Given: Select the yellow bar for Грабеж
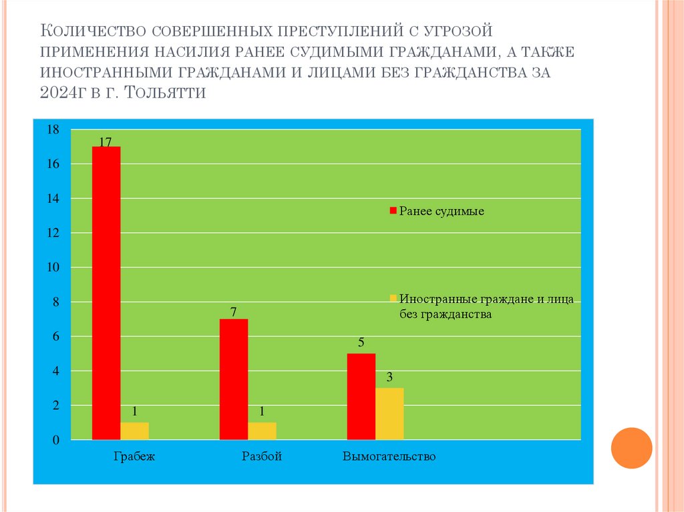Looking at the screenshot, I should click(x=134, y=431).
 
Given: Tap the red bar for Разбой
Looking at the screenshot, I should click(x=234, y=379).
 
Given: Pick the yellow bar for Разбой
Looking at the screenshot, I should click(x=262, y=431).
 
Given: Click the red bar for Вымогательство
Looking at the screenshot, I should click(x=361, y=397).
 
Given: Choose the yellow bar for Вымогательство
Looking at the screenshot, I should click(x=389, y=413).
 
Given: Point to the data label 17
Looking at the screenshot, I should click(x=106, y=142).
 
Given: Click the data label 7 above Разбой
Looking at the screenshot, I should click(x=234, y=312).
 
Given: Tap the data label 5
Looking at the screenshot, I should click(x=361, y=344).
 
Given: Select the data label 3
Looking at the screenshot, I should click(x=389, y=378).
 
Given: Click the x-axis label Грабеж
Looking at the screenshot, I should click(x=134, y=457).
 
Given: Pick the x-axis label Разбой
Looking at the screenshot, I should click(x=262, y=457).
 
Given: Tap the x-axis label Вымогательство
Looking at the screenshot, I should click(x=389, y=457).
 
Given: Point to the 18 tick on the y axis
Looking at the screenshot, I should click(x=53, y=130).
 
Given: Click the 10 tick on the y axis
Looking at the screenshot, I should click(x=53, y=268).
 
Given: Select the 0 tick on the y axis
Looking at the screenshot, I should click(x=57, y=441).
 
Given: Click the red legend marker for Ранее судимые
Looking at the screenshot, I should click(x=393, y=212).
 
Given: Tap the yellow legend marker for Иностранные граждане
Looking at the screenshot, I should click(x=393, y=298).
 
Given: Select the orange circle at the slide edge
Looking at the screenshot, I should click(x=631, y=447).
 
